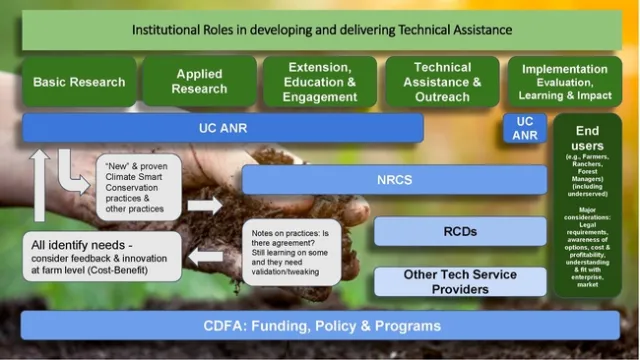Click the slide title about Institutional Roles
322,30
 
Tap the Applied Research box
199,82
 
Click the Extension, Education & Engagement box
320,82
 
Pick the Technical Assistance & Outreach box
442,82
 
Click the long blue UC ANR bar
222,128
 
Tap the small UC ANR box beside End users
525,128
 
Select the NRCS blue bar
394,180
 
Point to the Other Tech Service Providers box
460,281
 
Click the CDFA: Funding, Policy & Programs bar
320,326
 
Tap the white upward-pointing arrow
39,185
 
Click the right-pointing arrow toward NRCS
206,205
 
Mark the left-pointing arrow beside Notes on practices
206,256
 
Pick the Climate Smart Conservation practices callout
139,186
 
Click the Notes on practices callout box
290,252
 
